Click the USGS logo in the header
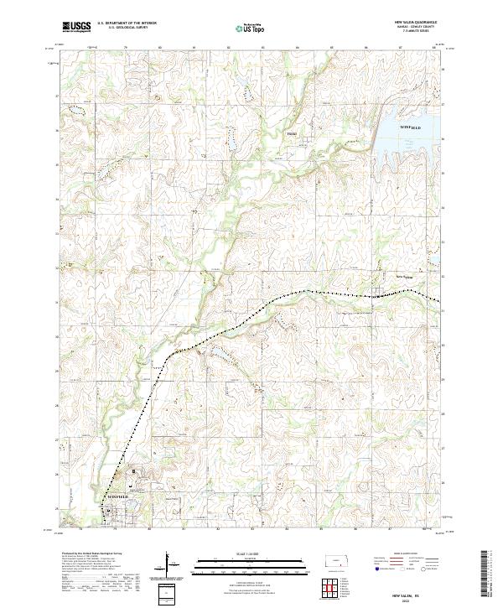point(76,28)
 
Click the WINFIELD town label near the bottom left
point(118,497)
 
